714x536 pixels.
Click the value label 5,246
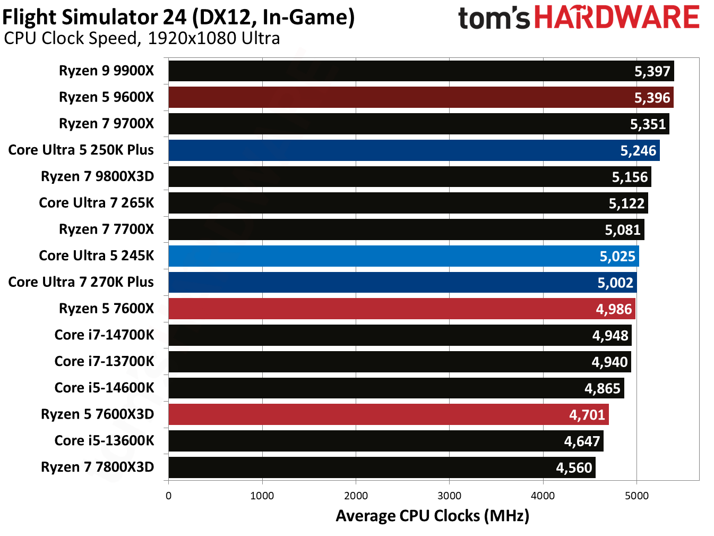coord(638,151)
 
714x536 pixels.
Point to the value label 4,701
coord(587,415)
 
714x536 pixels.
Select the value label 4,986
coord(614,309)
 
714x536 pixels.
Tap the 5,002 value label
coord(615,283)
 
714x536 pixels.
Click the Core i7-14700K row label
coord(104,335)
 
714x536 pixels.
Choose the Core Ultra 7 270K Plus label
coord(81,282)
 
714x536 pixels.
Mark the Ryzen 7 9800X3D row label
coord(97,176)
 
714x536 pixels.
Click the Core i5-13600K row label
coord(104,441)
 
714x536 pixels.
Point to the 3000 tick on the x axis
coord(449,496)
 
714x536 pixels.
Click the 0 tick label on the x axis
coord(169,496)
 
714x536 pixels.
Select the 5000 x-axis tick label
coord(636,496)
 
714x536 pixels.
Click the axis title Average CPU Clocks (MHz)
coord(432,516)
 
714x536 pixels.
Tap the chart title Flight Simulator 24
coord(178,17)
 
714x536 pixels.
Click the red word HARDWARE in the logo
coord(616,18)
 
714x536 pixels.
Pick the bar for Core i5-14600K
coord(395,388)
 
